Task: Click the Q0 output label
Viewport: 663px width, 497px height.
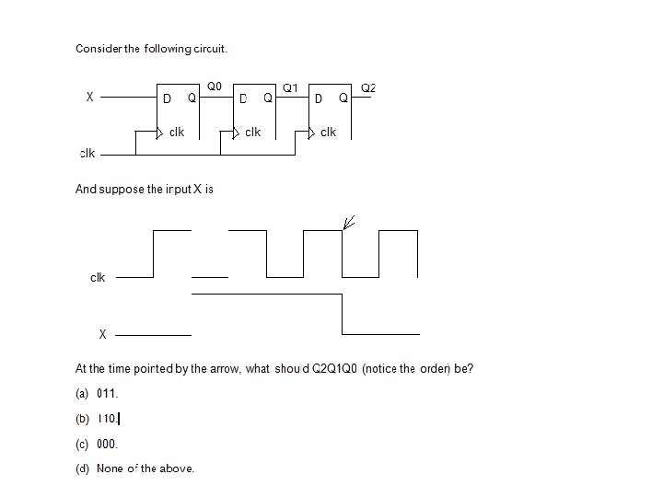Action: [215, 86]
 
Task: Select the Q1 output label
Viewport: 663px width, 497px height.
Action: [289, 88]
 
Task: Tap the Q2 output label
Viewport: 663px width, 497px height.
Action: [367, 88]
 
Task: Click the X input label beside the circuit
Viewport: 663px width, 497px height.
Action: [89, 97]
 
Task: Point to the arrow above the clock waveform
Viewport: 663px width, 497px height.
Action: [349, 222]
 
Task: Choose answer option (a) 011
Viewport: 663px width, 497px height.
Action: [98, 394]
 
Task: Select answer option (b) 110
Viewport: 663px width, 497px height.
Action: [98, 419]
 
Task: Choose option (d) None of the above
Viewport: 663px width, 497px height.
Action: [135, 468]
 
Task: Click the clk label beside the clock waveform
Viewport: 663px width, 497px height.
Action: [98, 277]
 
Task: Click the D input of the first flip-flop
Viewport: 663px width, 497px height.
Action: [168, 98]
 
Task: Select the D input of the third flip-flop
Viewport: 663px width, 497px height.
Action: [318, 98]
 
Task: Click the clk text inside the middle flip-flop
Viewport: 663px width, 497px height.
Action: [252, 133]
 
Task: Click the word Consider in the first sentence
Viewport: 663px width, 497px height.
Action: [98, 48]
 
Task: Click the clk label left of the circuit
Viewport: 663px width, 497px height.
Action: [87, 154]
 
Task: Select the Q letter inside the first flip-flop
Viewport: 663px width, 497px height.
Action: [192, 98]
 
